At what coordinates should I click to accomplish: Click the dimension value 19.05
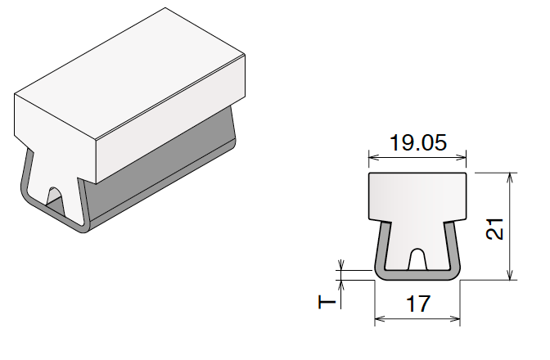(417, 143)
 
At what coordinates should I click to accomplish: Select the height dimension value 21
(494, 227)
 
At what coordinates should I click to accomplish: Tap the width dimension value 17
(417, 305)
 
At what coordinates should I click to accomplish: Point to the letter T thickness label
(327, 302)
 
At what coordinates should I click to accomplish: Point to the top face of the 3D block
(131, 74)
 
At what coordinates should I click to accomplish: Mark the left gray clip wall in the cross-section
(381, 250)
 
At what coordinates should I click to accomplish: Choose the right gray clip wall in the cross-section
(454, 250)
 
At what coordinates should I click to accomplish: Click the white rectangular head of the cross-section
(417, 196)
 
